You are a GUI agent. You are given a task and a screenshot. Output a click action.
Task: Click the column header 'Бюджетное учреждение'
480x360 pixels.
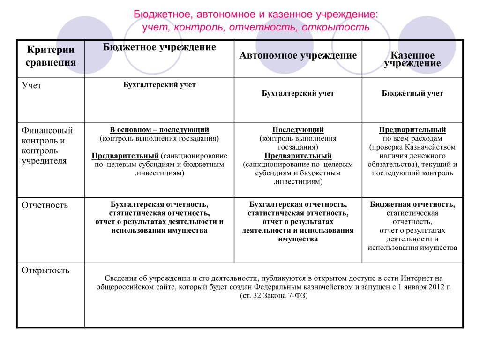[159, 47]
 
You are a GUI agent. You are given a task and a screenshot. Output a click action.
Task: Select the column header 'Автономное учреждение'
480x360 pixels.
[298, 56]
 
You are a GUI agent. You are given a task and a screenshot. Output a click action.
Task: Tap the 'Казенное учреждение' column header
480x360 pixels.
[412, 60]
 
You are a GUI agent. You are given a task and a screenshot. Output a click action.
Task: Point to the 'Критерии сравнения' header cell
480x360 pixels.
[51, 56]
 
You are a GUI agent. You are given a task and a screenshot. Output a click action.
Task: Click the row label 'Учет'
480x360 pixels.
[31, 85]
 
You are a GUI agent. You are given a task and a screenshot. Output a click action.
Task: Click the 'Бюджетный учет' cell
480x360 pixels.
[412, 93]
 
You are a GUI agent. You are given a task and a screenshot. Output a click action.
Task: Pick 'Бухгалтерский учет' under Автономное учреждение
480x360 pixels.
[298, 93]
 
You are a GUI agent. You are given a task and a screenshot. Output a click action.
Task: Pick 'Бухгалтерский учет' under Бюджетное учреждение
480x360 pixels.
[159, 85]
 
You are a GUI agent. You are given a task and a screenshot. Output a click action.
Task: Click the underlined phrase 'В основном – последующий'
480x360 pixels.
[159, 130]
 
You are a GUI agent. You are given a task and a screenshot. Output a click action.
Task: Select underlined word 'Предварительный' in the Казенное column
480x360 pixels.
[412, 130]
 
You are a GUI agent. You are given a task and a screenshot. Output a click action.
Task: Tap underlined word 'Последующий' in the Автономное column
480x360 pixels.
[298, 130]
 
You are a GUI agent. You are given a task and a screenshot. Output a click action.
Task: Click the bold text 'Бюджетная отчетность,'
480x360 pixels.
[412, 204]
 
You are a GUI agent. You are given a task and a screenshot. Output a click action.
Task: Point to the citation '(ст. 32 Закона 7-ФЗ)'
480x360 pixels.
[274, 296]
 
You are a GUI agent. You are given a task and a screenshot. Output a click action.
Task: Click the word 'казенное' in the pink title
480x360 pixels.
[291, 15]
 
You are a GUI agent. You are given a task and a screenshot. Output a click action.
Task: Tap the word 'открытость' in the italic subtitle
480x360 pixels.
[336, 27]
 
